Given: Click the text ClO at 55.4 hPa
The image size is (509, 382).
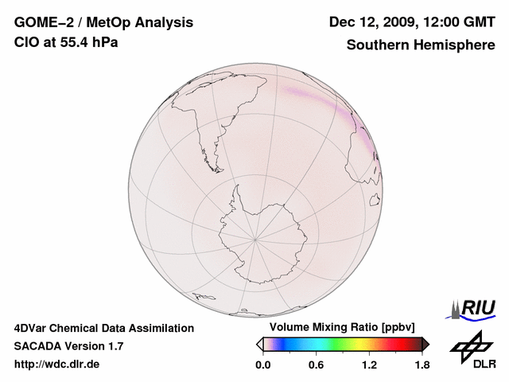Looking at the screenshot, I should click(66, 42).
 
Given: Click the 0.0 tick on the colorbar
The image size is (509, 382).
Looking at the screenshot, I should click(263, 364).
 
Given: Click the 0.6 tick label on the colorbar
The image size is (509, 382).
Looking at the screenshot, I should click(316, 364).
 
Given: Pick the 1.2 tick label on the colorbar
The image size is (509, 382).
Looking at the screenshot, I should click(369, 364).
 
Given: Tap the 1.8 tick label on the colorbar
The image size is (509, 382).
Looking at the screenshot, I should click(422, 364).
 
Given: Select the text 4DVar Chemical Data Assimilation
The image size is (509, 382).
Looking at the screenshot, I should click(104, 328).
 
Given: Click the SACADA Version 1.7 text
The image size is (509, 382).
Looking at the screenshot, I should click(69, 346).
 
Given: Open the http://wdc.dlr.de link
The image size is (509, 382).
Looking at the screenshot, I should click(57, 364).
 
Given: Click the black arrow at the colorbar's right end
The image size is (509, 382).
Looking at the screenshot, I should click(425, 344).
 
